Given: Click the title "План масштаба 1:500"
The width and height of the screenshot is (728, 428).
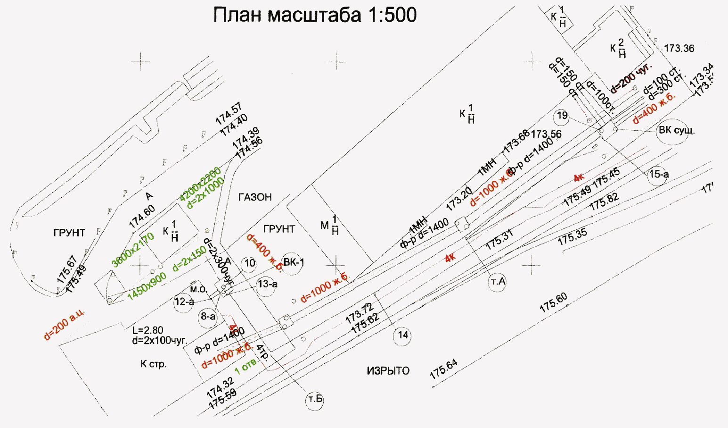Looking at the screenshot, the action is tap(315, 15).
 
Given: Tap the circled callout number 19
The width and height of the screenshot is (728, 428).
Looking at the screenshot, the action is tap(562, 116).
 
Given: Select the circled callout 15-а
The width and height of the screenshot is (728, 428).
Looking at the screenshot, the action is tap(659, 175).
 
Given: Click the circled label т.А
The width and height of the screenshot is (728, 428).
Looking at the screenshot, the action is tap(498, 282).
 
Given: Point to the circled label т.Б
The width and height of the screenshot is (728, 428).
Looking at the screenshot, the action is tap(315, 400).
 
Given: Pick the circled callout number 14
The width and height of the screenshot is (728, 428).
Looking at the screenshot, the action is tap(403, 336).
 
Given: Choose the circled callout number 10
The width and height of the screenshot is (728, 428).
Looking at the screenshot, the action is tap(249, 263).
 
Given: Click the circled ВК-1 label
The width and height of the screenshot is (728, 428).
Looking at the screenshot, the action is tap(294, 262).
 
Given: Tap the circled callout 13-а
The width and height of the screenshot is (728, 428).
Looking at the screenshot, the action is tap(267, 284).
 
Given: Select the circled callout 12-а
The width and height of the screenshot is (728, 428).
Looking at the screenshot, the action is tap(184, 302).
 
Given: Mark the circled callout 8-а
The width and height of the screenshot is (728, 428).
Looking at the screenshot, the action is tap(208, 317).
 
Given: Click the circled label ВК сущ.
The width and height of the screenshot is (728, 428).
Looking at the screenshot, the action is tap(676, 130).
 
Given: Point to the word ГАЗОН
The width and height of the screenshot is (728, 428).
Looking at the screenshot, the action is tap(255, 197).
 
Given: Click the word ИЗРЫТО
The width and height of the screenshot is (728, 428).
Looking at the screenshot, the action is tap(388, 371).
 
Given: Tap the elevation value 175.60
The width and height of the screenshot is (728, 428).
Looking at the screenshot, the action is tap(553, 303).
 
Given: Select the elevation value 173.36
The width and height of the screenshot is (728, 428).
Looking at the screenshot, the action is tap(679, 49).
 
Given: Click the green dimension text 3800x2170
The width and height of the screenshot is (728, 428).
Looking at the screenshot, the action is tap(133, 250).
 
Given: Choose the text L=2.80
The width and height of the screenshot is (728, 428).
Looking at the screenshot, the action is tap(147, 330).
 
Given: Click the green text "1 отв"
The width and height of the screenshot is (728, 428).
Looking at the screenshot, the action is tap(245, 366).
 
